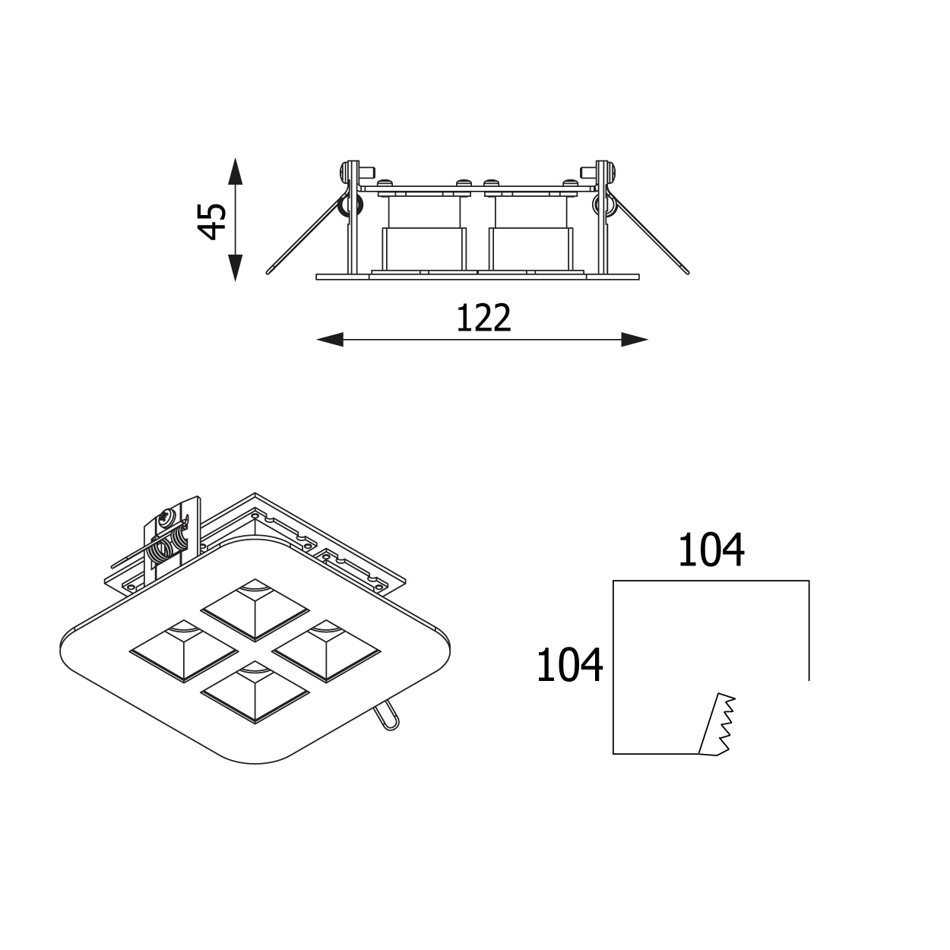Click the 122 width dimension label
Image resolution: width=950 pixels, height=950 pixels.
[483, 318]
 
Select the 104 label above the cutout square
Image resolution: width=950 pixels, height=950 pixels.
[711, 550]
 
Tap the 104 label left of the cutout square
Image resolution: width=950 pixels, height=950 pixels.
[569, 665]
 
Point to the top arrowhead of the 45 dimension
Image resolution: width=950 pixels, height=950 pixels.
[235, 171]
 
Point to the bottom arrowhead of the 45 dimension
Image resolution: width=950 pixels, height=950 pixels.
[235, 268]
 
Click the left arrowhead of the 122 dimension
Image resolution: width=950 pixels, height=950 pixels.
[330, 339]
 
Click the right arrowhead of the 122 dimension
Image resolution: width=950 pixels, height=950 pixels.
[635, 339]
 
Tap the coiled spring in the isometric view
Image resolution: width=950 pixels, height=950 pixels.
[169, 546]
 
